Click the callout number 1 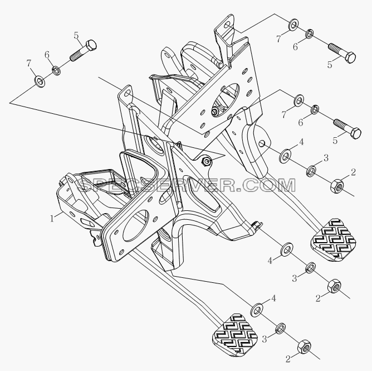pyautogui.click(x=52, y=219)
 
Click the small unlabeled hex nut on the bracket pyautogui.click(x=205, y=162)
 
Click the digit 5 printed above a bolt pyautogui.click(x=76, y=35)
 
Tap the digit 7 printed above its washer pyautogui.click(x=29, y=63)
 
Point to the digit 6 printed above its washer pyautogui.click(x=47, y=55)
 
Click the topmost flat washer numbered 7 pyautogui.click(x=293, y=24)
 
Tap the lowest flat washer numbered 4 pyautogui.click(x=257, y=310)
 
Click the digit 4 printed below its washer pyautogui.click(x=270, y=261)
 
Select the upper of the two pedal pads pyautogui.click(x=333, y=240)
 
